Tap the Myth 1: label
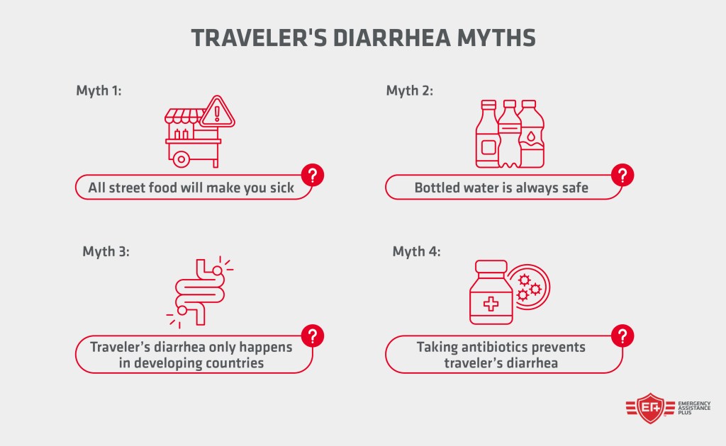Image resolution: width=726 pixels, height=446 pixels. click(99, 91)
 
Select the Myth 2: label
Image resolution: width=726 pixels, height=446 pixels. click(409, 91)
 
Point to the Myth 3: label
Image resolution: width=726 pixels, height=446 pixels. click(106, 251)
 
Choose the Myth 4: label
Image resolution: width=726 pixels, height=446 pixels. click(416, 251)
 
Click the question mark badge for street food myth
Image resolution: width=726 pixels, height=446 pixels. click(313, 174)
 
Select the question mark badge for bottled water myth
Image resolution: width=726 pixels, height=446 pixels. click(622, 174)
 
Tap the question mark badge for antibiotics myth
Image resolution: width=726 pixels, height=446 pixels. click(622, 335)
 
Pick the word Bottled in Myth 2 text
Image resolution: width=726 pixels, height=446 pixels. click(437, 188)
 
